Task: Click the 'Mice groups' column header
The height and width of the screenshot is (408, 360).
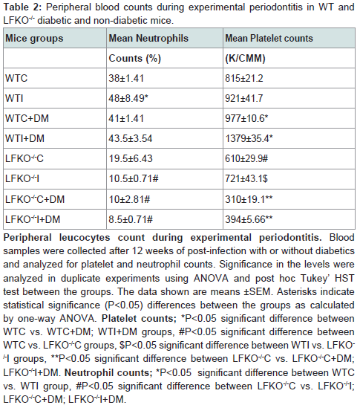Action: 34,39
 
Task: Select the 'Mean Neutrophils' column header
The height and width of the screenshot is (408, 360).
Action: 148,38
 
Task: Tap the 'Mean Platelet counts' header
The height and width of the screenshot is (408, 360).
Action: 269,38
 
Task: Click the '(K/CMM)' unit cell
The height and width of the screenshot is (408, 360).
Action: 245,58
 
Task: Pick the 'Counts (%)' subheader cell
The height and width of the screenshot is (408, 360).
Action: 135,58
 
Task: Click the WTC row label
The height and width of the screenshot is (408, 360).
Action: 16,78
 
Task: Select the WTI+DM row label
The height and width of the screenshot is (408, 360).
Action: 24,138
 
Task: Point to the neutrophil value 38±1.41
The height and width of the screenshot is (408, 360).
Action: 126,78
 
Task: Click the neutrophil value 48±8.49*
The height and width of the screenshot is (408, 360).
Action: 128,98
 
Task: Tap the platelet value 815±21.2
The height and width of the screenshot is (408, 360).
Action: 244,78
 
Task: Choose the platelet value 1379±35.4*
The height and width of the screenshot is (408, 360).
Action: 249,138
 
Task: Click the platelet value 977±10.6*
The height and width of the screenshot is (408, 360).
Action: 246,118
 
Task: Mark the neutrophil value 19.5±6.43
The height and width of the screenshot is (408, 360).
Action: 131,158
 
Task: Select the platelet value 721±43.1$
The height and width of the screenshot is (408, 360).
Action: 246,179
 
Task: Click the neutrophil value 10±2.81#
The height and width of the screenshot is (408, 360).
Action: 129,199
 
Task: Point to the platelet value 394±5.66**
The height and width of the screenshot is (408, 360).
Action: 249,219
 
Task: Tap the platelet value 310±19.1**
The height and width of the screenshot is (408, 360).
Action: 249,199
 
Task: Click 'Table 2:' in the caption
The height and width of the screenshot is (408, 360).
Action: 22,7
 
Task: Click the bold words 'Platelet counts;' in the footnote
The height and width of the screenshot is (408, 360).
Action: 139,319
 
